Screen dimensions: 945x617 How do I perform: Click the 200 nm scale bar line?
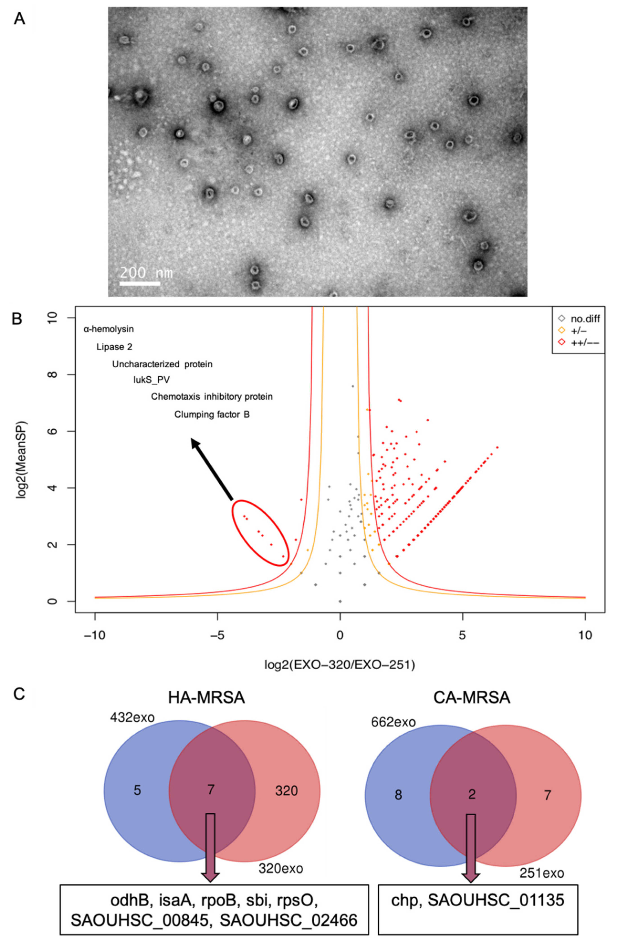click(x=140, y=283)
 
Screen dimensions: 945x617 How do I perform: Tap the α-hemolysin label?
click(x=108, y=329)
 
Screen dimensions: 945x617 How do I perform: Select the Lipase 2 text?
click(x=114, y=347)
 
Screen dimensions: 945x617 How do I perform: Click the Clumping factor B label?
click(x=212, y=415)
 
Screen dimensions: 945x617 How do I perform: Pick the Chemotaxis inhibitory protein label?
click(x=212, y=397)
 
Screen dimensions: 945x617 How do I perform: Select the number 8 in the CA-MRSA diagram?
click(x=398, y=795)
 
